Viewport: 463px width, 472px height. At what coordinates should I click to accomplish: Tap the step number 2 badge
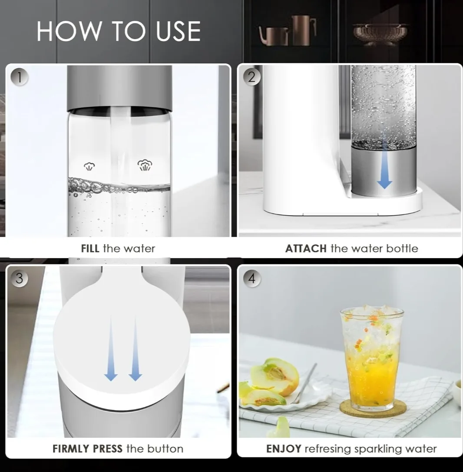click(x=252, y=77)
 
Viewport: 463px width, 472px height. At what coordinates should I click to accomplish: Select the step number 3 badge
click(x=19, y=279)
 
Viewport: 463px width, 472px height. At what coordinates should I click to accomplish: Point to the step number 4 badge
click(x=252, y=279)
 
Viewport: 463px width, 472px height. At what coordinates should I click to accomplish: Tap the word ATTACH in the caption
click(x=306, y=249)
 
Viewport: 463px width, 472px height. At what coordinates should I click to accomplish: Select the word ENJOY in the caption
click(x=284, y=449)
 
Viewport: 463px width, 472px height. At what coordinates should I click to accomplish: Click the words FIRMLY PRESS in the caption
click(x=87, y=449)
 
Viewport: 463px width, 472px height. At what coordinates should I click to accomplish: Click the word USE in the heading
click(x=178, y=31)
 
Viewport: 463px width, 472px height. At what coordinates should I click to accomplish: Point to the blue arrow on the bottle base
click(x=384, y=171)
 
